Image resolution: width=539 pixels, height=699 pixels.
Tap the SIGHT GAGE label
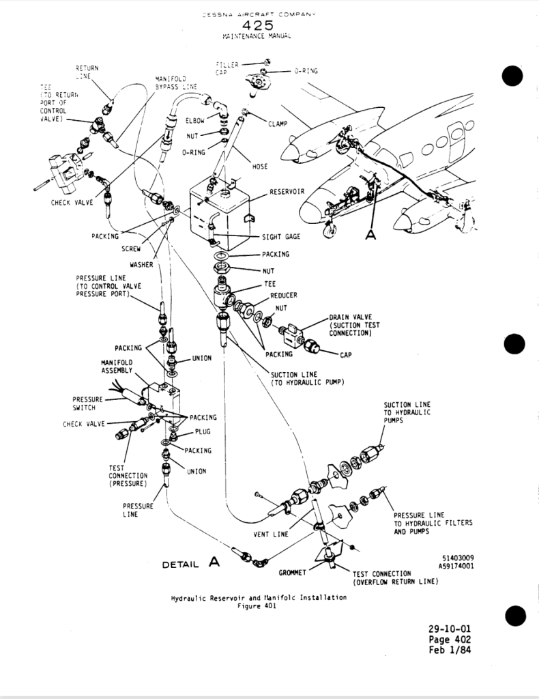[281, 238]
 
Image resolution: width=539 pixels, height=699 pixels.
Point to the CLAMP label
[278, 124]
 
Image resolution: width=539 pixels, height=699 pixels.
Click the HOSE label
[260, 167]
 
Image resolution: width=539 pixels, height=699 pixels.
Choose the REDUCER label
[283, 295]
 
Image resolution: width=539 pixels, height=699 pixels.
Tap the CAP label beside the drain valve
[345, 354]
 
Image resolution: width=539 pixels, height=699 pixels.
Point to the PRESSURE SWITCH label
[88, 403]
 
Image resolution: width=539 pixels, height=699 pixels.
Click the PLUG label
[203, 432]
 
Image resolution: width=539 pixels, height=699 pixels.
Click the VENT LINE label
[271, 534]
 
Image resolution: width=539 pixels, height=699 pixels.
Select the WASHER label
[141, 263]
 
